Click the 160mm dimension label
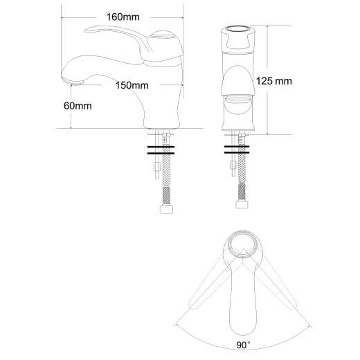coord(123,17)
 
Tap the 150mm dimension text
coord(132,85)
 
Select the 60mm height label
coord(78,106)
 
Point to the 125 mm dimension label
coord(274,81)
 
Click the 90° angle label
coord(243,345)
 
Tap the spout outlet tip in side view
coord(73,81)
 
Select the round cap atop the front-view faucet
coord(238,29)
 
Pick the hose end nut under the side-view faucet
coord(166,210)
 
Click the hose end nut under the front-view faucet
coord(242,204)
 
